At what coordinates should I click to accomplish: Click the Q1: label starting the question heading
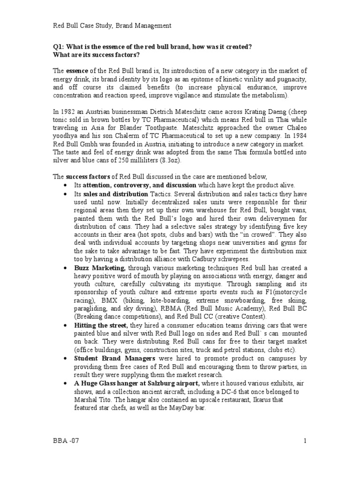(x=59, y=47)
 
